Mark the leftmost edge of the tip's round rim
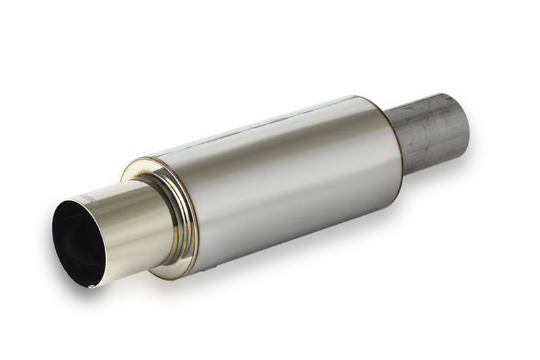[53, 233]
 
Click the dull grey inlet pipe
[429, 132]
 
